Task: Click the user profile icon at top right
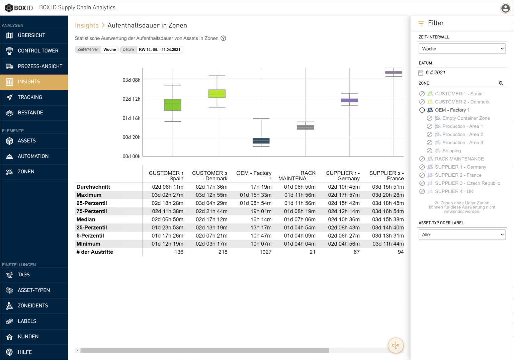pyautogui.click(x=505, y=8)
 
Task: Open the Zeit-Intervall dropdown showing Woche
pyautogui.click(x=461, y=49)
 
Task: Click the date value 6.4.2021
pyautogui.click(x=435, y=73)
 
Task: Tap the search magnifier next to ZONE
pyautogui.click(x=501, y=83)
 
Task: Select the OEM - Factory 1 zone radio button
pyautogui.click(x=422, y=110)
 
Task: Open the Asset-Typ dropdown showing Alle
pyautogui.click(x=461, y=235)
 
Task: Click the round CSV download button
pyautogui.click(x=396, y=345)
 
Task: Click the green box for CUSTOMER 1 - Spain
pyautogui.click(x=173, y=105)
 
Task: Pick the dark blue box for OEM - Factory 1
pyautogui.click(x=261, y=141)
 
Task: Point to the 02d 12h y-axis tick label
pyautogui.click(x=131, y=99)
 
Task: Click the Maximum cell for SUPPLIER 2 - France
pyautogui.click(x=388, y=195)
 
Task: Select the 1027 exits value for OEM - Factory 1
pyautogui.click(x=265, y=252)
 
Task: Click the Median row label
pyautogui.click(x=86, y=219)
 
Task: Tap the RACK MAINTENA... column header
pyautogui.click(x=296, y=176)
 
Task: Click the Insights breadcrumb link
pyautogui.click(x=87, y=25)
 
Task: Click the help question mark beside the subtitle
pyautogui.click(x=223, y=38)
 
